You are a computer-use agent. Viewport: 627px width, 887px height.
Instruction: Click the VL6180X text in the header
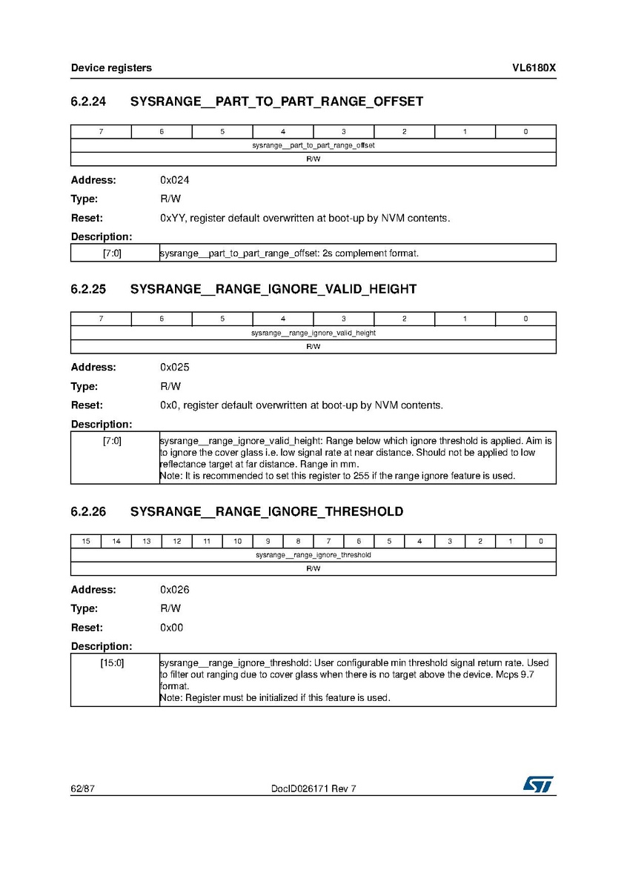click(534, 68)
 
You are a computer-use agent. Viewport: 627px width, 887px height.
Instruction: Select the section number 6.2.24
click(88, 102)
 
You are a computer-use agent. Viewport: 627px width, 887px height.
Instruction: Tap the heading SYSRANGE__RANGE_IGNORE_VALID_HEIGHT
click(273, 289)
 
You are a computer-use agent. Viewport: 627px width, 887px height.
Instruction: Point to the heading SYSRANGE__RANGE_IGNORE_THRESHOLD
click(266, 511)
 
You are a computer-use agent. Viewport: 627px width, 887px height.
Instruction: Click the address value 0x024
click(175, 180)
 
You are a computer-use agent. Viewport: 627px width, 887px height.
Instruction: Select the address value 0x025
click(175, 368)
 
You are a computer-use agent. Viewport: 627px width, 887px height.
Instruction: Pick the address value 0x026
click(175, 590)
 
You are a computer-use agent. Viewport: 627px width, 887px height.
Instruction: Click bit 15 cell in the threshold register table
click(86, 542)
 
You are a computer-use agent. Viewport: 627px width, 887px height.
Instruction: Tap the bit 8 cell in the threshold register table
click(298, 542)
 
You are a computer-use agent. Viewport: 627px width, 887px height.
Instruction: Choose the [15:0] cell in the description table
click(113, 662)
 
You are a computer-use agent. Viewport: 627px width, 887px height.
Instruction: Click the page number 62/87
click(82, 789)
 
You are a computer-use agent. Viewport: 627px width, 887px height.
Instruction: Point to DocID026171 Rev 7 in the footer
click(313, 789)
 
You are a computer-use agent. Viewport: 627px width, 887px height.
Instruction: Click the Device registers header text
click(111, 68)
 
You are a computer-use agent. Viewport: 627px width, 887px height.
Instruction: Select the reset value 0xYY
click(171, 219)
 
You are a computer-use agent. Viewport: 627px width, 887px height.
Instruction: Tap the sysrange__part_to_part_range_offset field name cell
click(313, 145)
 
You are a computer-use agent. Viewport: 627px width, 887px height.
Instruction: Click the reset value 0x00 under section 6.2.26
click(172, 628)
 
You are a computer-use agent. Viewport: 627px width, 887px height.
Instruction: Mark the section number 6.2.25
click(88, 289)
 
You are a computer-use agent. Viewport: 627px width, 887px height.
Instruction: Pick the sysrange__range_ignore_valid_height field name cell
click(313, 333)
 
